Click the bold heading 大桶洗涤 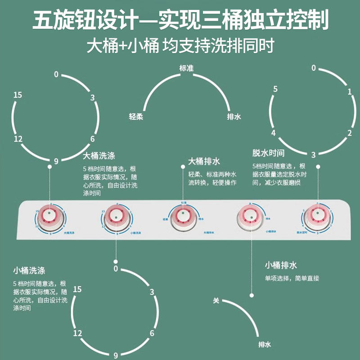point(99,156)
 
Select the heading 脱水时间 point(269,153)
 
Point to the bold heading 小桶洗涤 point(29,270)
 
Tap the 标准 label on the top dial point(186,68)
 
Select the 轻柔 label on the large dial point(135,116)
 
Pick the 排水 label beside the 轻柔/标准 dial point(234,116)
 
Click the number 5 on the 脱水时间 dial point(275,89)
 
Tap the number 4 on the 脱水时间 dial point(273,133)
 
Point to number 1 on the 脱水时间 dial point(349,92)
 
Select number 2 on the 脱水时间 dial point(349,132)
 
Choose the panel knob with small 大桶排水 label point(183,216)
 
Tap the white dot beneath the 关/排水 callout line point(250,295)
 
